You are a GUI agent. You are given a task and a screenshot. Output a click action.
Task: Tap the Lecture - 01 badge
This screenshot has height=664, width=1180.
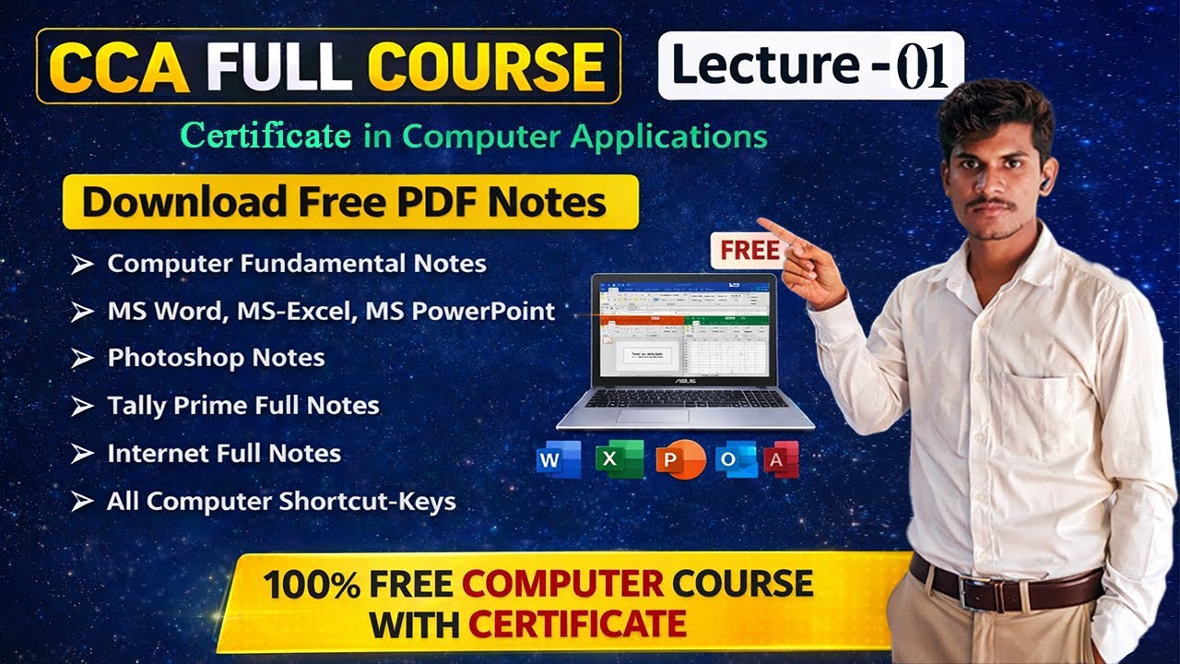810,66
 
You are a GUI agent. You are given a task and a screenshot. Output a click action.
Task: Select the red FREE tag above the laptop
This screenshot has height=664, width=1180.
749,250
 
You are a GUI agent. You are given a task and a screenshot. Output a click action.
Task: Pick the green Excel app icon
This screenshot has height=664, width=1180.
619,459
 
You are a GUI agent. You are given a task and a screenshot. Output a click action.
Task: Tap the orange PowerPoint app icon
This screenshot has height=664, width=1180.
679,459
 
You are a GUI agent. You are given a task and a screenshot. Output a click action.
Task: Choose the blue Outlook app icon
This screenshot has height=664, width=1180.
737,459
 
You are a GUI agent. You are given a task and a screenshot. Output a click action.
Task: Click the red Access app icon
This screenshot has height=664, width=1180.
781,459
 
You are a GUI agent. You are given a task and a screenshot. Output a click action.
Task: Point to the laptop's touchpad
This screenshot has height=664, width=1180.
653,416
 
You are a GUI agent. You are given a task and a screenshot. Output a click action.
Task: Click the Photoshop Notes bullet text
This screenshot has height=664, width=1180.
216,358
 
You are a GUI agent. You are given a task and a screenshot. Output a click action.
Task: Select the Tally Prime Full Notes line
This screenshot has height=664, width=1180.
243,406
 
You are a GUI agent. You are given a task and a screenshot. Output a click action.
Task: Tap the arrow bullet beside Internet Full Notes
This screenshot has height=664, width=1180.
83,454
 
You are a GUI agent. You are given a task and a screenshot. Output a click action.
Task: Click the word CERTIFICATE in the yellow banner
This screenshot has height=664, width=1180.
577,624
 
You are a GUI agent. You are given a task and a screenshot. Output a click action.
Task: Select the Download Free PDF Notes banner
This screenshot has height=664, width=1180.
349,201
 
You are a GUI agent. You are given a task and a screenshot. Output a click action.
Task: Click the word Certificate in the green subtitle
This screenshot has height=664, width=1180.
265,136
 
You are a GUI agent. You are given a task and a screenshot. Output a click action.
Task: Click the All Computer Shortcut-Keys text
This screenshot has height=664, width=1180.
281,502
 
